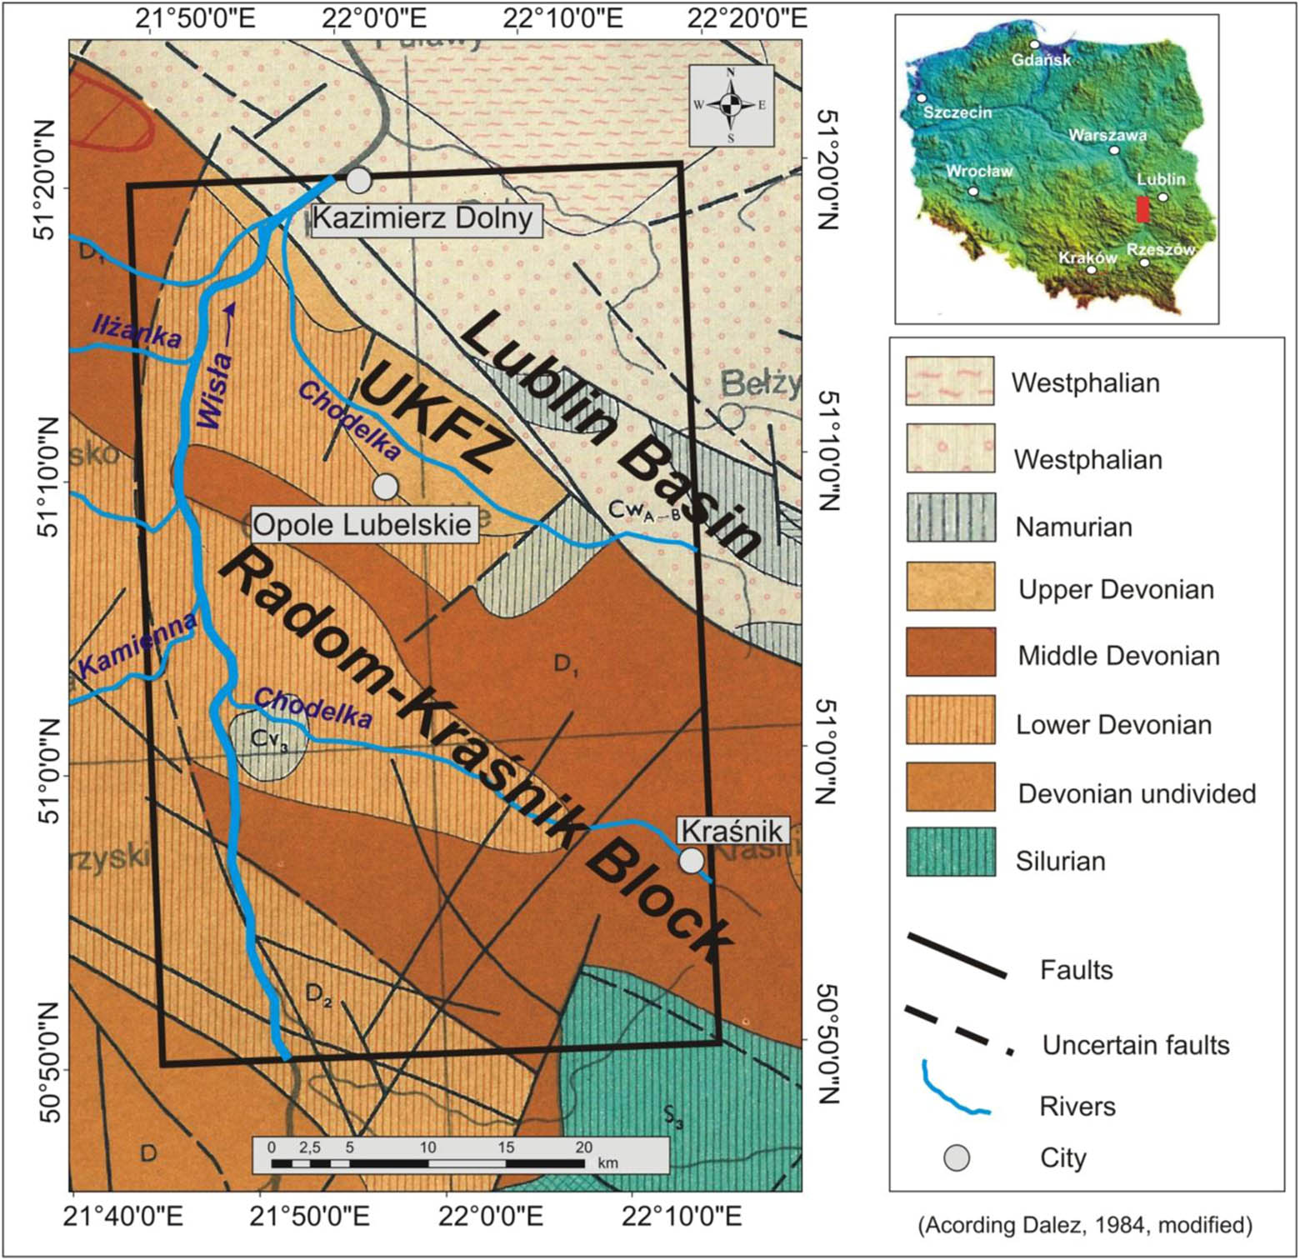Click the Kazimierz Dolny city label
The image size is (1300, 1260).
[422, 218]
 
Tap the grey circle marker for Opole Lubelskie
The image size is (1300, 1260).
[385, 486]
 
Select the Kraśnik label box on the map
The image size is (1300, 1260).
[732, 831]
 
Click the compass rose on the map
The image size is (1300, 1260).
[731, 105]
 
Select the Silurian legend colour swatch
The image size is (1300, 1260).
[950, 852]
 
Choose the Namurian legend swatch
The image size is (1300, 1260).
[950, 517]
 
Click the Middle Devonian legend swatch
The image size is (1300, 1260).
[950, 652]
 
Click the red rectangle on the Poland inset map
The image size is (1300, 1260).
[1142, 209]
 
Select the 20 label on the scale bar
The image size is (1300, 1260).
[582, 1147]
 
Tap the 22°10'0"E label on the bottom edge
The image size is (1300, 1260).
[676, 1217]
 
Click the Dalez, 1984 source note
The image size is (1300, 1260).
[1085, 1224]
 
